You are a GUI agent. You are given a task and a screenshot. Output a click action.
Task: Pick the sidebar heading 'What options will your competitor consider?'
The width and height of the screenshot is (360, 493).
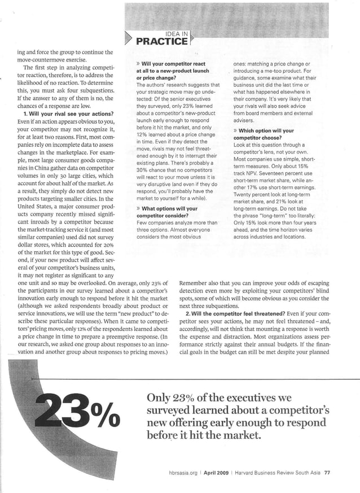coord(166,212)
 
